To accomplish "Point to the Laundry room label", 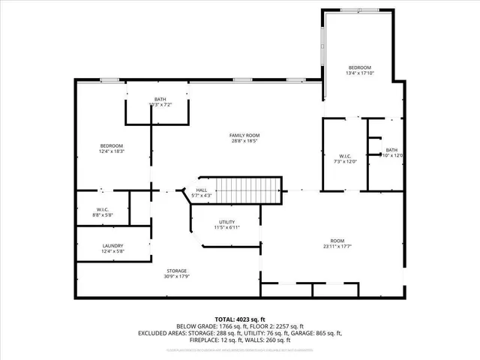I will [x=113, y=245].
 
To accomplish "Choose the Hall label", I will [x=202, y=190].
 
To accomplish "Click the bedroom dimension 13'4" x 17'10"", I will [x=358, y=73].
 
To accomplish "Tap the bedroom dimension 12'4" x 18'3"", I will [x=112, y=151].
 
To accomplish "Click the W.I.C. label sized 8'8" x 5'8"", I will [x=103, y=216].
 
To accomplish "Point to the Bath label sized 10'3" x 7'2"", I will [x=160, y=105].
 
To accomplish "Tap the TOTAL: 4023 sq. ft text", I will [x=240, y=318].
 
